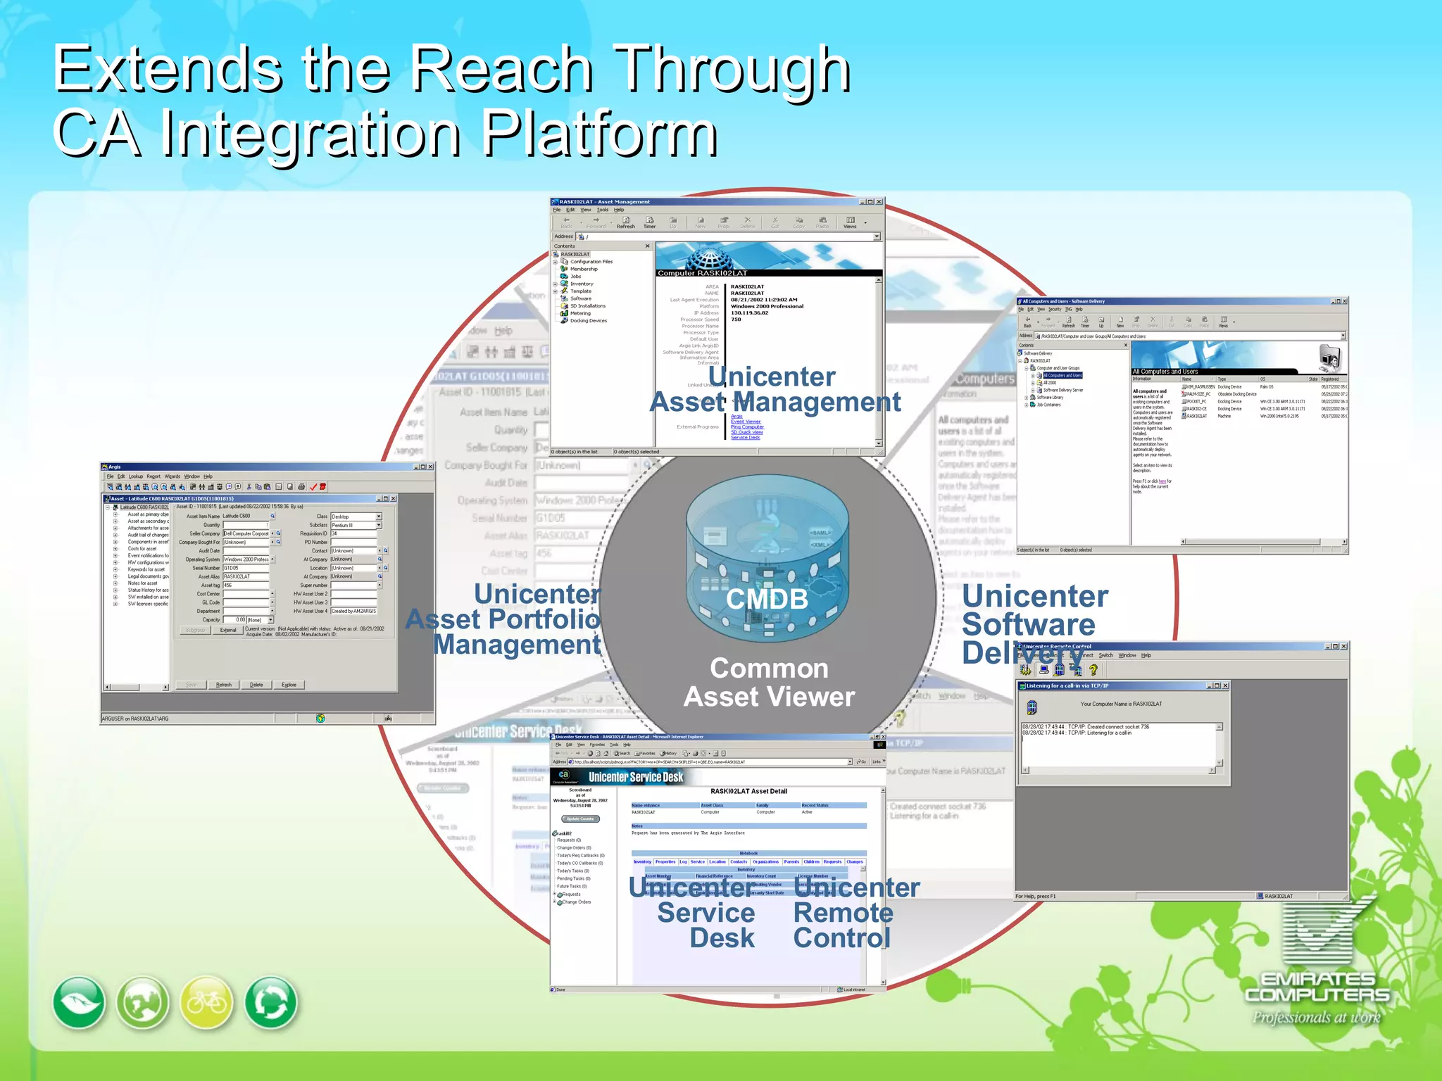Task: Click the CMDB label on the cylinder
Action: (x=767, y=600)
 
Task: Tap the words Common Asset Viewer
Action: (x=769, y=682)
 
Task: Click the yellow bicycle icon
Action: (x=207, y=1003)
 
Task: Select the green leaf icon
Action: (x=79, y=1003)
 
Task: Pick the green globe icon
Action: (x=143, y=1003)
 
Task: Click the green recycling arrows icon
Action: (x=271, y=1003)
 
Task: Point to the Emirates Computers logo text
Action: (x=1317, y=987)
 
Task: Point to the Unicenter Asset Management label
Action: (x=775, y=389)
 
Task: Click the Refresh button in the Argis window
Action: (x=224, y=685)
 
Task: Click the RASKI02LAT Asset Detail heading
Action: (x=748, y=791)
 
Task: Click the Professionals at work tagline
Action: (x=1316, y=1018)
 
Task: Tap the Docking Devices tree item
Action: (x=588, y=321)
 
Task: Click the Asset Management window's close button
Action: (x=879, y=202)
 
